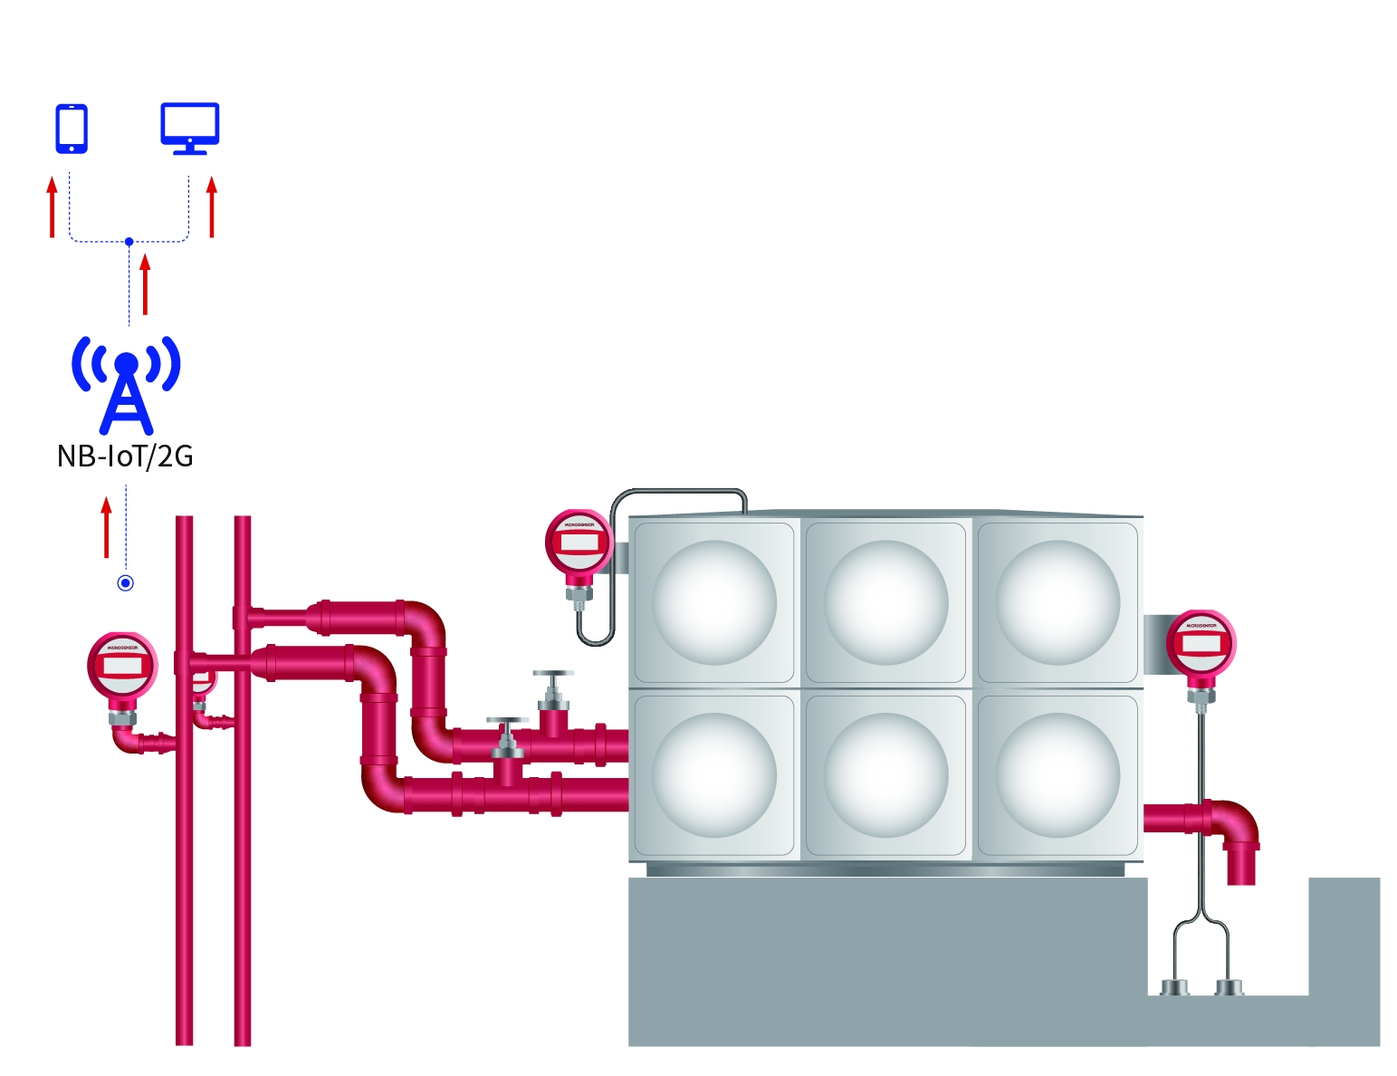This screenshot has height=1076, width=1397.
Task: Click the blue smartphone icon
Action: coord(72,129)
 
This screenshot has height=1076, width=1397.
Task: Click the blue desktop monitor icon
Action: coord(189,127)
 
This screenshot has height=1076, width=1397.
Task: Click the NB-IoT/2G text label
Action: coord(125,456)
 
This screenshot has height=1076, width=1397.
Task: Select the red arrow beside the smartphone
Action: coord(53,207)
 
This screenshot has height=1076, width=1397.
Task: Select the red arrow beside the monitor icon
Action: coord(212,207)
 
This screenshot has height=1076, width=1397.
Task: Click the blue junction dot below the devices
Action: coord(129,242)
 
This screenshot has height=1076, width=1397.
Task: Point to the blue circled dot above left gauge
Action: coord(126,583)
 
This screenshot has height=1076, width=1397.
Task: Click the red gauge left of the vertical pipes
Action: coord(122,667)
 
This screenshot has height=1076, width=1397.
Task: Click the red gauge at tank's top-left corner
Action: coord(579,543)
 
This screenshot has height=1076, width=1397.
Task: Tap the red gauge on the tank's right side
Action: coord(1201,644)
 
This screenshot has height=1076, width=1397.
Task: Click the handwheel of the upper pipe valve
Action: coord(553,675)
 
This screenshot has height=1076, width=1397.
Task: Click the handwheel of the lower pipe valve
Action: coord(507,722)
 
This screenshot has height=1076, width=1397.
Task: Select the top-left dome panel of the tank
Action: coord(714,602)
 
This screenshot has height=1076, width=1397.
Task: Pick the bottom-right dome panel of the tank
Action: coord(1057,775)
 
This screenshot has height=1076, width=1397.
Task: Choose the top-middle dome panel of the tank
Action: coord(885,602)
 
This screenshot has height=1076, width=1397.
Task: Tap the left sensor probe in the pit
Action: coord(1174,986)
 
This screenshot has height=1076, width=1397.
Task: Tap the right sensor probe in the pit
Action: coord(1229,986)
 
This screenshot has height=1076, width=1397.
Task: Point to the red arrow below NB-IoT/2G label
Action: coord(107,527)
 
